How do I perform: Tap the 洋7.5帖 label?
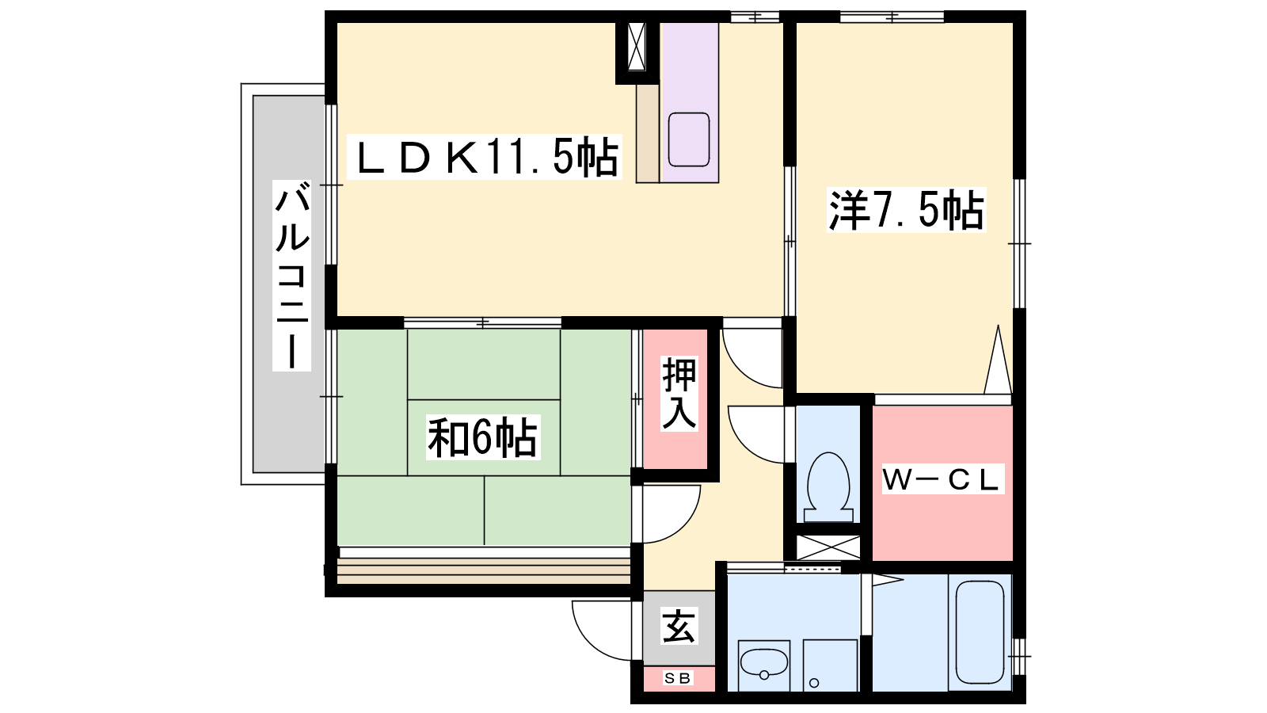click(906, 210)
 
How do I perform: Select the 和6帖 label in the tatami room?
click(482, 437)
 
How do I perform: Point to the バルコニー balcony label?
click(292, 276)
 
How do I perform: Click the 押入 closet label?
click(679, 394)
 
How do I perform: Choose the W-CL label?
click(943, 480)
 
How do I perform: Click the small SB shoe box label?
click(678, 678)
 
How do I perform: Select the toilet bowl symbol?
click(828, 487)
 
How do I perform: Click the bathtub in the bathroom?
click(980, 632)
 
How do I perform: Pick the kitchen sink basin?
click(689, 139)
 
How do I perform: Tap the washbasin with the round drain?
click(764, 666)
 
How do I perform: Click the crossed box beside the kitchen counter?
click(637, 47)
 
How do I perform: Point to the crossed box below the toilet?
click(828, 547)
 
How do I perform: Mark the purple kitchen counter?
click(690, 102)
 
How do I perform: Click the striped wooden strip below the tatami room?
click(484, 571)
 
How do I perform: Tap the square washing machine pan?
click(831, 665)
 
